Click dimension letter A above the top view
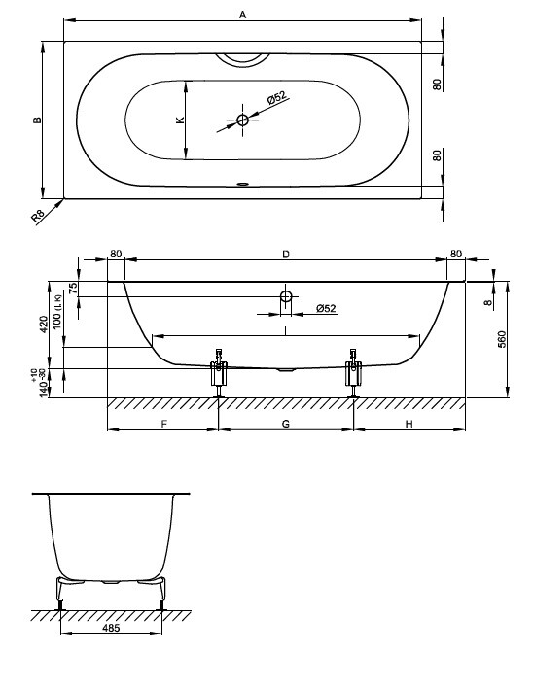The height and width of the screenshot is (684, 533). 243,15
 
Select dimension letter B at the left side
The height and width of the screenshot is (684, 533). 38,120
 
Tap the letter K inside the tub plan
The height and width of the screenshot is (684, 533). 180,120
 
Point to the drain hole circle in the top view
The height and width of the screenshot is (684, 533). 243,120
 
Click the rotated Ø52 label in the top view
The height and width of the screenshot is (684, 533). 276,98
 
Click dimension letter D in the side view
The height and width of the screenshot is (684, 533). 286,254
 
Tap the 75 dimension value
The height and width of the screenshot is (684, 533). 73,288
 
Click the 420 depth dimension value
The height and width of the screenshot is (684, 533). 44,325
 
